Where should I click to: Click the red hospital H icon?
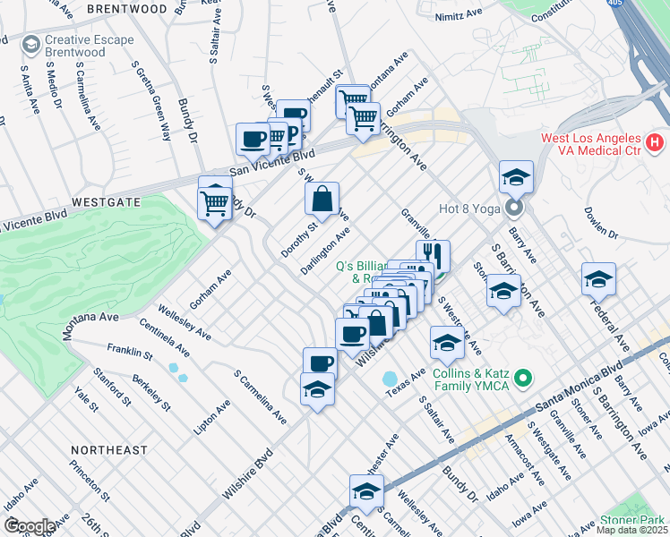(656, 141)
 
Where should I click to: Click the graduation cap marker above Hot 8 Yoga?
(516, 179)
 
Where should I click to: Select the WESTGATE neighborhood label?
(107, 202)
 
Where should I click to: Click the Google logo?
(29, 525)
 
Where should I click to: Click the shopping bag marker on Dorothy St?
(322, 200)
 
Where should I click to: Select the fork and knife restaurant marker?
(433, 257)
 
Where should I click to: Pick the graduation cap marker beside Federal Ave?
(598, 280)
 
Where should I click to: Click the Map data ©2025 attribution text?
(631, 530)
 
